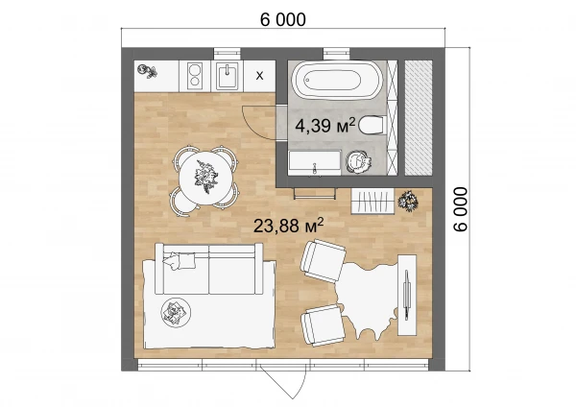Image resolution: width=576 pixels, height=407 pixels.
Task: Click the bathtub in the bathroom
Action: [337, 80]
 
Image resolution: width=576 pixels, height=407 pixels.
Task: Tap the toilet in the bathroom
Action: [372, 125]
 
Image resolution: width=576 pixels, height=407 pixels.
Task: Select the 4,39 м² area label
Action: [325, 125]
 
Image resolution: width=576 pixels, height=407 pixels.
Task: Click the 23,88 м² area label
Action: [288, 226]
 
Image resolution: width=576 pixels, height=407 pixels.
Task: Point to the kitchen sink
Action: [227, 76]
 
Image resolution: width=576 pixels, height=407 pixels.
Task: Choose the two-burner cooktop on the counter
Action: [195, 76]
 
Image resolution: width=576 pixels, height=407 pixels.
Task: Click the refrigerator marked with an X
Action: [259, 76]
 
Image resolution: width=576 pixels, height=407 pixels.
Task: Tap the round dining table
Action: [205, 178]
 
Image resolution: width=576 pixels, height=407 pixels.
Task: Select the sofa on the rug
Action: [209, 269]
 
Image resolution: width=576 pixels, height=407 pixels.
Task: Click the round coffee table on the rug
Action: [176, 312]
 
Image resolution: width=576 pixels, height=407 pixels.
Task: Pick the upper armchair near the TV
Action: [323, 260]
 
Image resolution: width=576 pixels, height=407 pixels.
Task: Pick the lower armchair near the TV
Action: [323, 325]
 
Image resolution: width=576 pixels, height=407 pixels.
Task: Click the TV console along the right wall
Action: [407, 295]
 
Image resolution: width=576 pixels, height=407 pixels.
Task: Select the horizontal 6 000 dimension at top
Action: [283, 20]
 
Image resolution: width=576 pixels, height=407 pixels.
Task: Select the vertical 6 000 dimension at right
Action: [461, 209]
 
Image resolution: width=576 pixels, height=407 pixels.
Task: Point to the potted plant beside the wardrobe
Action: [408, 201]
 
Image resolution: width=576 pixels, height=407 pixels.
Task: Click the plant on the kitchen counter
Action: [147, 70]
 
